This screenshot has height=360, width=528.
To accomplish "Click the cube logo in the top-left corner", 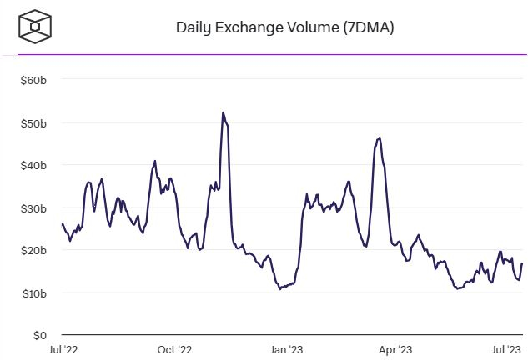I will point(35,27).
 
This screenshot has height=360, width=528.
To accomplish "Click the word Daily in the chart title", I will point(192,27).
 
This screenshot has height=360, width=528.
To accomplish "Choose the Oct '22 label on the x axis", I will point(174,350).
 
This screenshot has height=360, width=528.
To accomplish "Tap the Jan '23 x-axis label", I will point(286,350).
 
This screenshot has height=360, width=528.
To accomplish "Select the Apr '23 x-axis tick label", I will point(395,350).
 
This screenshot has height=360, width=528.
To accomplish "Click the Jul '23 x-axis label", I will point(505,350).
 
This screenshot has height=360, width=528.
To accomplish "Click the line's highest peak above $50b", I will point(223,112).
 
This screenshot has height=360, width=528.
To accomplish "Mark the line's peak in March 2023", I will point(380,137).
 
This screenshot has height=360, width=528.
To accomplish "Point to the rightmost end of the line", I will point(522,264).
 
